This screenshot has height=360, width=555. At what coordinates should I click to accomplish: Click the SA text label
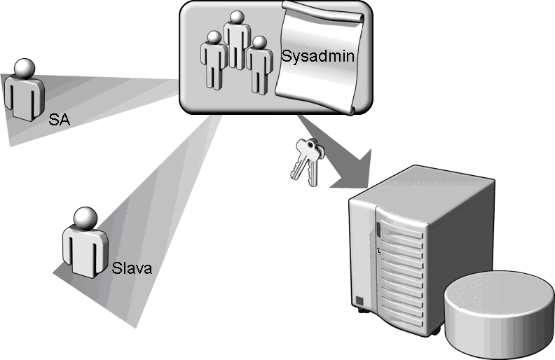tap(60, 120)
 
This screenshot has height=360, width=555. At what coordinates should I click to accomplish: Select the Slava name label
tap(132, 268)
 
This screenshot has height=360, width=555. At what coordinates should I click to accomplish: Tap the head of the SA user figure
tap(25, 67)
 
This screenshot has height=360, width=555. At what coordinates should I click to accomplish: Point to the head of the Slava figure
tap(84, 217)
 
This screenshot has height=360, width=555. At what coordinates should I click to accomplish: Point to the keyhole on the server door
tap(378, 249)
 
